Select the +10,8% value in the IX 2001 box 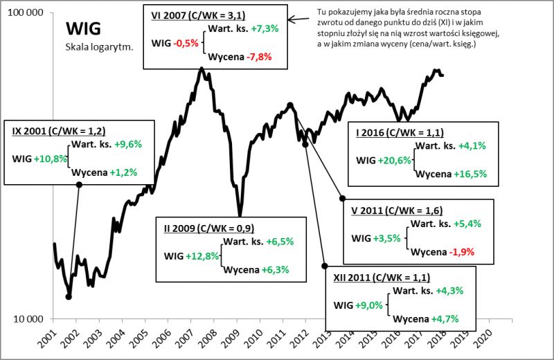point(51,159)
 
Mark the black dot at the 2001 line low point(69,297)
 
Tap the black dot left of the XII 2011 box point(324,265)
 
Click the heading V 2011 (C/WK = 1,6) point(397,210)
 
